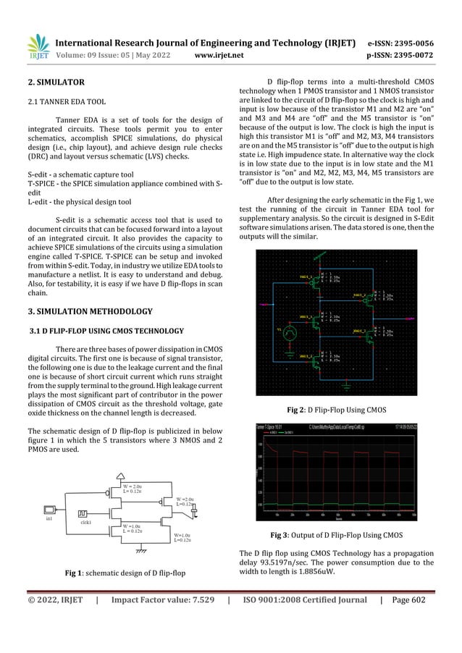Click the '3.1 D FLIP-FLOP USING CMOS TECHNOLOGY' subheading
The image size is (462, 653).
[x=106, y=332]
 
